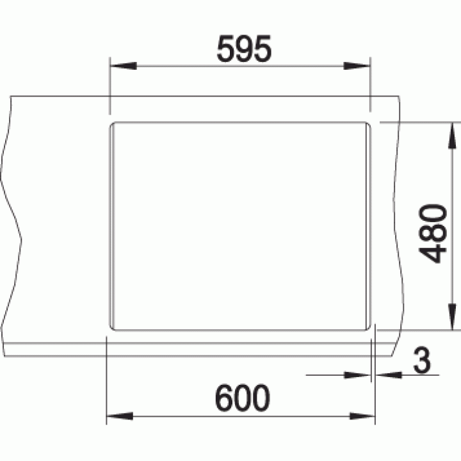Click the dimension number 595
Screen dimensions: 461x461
pyautogui.click(x=244, y=49)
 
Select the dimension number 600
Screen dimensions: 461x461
pyautogui.click(x=243, y=398)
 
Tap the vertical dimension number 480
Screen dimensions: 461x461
pyautogui.click(x=432, y=233)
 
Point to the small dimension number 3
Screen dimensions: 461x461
pyautogui.click(x=422, y=360)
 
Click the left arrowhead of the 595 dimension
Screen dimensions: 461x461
pyautogui.click(x=123, y=66)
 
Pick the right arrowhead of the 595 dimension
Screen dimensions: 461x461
pyautogui.click(x=357, y=66)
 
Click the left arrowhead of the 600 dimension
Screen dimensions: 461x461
pyautogui.click(x=120, y=416)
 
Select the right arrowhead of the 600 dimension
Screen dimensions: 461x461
pyautogui.click(x=362, y=416)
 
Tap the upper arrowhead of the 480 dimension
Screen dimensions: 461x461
pyautogui.click(x=452, y=136)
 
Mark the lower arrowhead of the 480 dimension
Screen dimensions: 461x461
pyautogui.click(x=452, y=317)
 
